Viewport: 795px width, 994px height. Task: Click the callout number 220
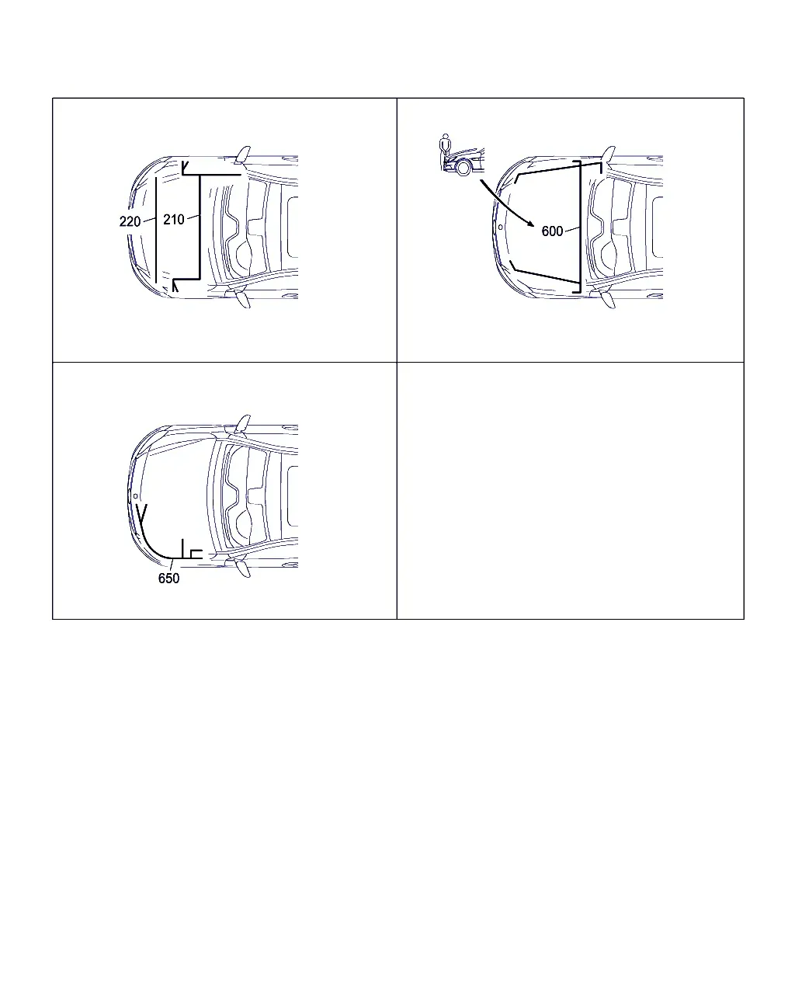pyautogui.click(x=130, y=222)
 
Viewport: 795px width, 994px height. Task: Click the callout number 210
pyautogui.click(x=174, y=220)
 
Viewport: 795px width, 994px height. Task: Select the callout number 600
pyautogui.click(x=552, y=231)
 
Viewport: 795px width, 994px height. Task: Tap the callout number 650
pyautogui.click(x=168, y=579)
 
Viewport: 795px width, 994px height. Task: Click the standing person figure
pyautogui.click(x=445, y=147)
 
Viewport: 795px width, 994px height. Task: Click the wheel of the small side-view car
pyautogui.click(x=463, y=167)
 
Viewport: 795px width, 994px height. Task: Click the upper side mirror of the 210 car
pyautogui.click(x=243, y=155)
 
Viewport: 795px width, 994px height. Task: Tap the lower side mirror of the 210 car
pyautogui.click(x=243, y=299)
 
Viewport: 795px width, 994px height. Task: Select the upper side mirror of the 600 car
pyautogui.click(x=609, y=155)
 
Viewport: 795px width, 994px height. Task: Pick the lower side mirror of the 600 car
pyautogui.click(x=609, y=299)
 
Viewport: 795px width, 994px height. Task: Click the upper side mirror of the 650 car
pyautogui.click(x=243, y=423)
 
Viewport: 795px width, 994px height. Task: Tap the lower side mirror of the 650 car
pyautogui.click(x=243, y=568)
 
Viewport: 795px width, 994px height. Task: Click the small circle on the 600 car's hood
pyautogui.click(x=500, y=228)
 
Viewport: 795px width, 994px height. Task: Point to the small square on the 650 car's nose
pyautogui.click(x=135, y=496)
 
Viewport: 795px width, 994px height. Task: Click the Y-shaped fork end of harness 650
pyautogui.click(x=142, y=513)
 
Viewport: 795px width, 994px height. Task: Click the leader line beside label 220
pyautogui.click(x=149, y=220)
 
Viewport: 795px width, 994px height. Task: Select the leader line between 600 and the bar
pyautogui.click(x=572, y=228)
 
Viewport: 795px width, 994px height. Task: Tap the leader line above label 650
pyautogui.click(x=172, y=565)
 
